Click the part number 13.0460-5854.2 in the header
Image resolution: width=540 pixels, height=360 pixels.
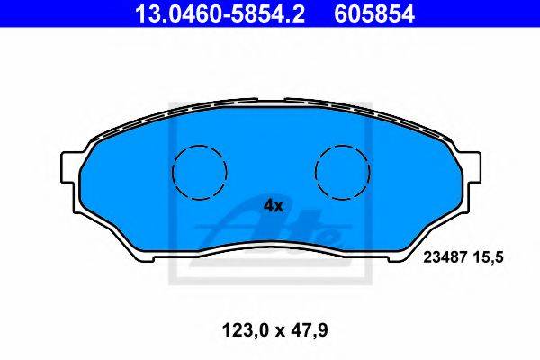click(x=220, y=13)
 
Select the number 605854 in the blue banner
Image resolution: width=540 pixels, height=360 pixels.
click(x=374, y=13)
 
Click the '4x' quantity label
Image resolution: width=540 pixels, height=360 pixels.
click(x=274, y=206)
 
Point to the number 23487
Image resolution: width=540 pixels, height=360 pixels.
click(x=445, y=257)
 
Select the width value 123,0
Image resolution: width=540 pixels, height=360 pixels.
click(x=245, y=330)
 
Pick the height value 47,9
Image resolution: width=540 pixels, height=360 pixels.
click(x=310, y=330)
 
